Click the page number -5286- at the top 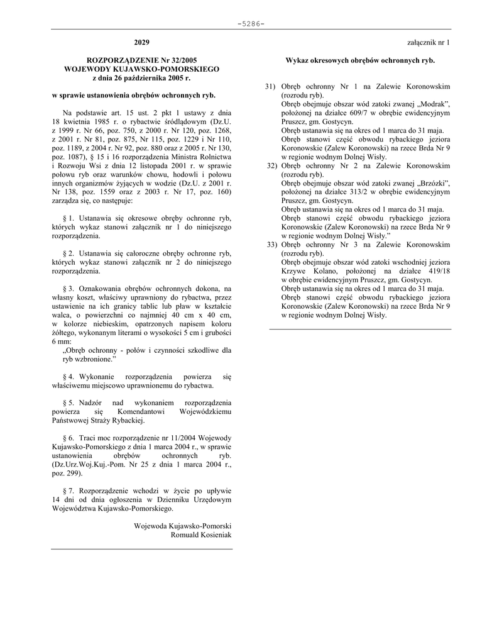tap(251, 24)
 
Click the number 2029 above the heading tap(141, 43)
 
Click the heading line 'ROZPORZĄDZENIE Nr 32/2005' tap(141, 60)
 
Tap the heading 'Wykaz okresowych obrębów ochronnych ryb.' tap(360, 60)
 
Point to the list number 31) tap(271, 86)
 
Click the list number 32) tap(271, 165)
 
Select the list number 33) tap(271, 245)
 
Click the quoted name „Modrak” tap(431, 104)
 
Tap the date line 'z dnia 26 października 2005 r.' tap(141, 78)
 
